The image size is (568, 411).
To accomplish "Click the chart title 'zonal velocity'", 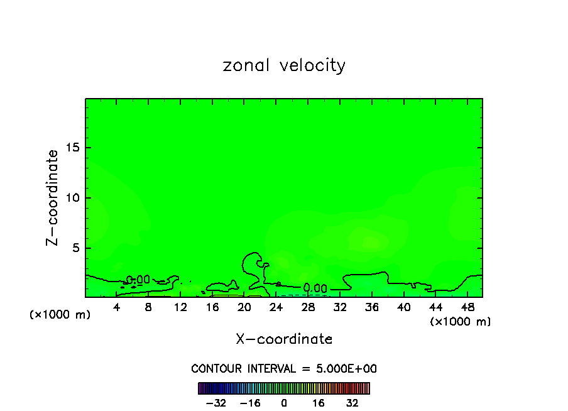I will coord(284,65).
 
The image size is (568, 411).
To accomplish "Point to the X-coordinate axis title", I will coord(284,339).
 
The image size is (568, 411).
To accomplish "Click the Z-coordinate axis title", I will coord(53,197).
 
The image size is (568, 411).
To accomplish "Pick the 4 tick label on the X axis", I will coord(117,308).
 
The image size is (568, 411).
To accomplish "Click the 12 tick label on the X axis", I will coord(180,308).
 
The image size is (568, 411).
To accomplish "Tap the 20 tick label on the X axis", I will coord(244,308).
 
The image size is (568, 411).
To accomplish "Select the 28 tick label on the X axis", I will coord(308,308).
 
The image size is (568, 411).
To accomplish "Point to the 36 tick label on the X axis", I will coord(371,308).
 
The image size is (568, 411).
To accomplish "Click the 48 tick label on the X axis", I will coord(467,308).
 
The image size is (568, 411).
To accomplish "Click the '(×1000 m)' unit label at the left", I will coord(60,315).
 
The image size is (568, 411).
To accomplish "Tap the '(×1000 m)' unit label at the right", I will coord(460,322).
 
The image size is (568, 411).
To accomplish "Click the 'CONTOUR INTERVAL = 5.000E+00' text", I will coord(284,369).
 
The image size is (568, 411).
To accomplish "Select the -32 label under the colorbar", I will coord(216,402).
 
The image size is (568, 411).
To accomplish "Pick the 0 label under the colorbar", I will coord(284,402).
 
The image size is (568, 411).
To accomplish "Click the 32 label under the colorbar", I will coord(352,402).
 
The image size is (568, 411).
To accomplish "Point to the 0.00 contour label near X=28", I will coord(315,288).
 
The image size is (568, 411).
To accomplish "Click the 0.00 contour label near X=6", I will coord(138,280).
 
